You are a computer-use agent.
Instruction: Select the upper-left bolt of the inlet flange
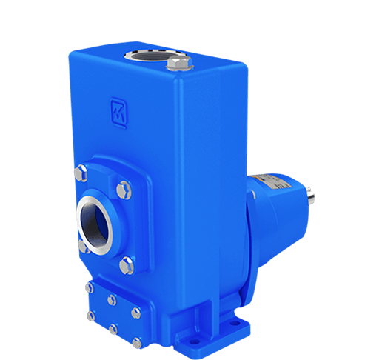click(80, 176)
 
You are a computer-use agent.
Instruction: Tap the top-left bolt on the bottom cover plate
click(90, 288)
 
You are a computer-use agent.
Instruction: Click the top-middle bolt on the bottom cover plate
click(112, 299)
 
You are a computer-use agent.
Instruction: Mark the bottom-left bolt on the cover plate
click(90, 316)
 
